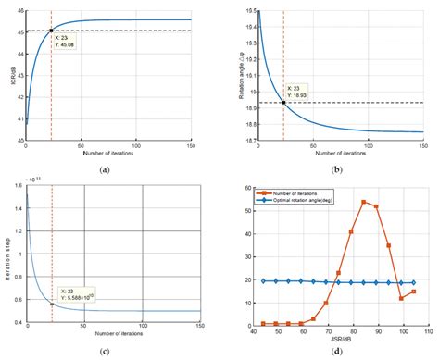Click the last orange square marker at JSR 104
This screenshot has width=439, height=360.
[x=413, y=292]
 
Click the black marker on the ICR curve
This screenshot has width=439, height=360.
[x=51, y=31]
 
